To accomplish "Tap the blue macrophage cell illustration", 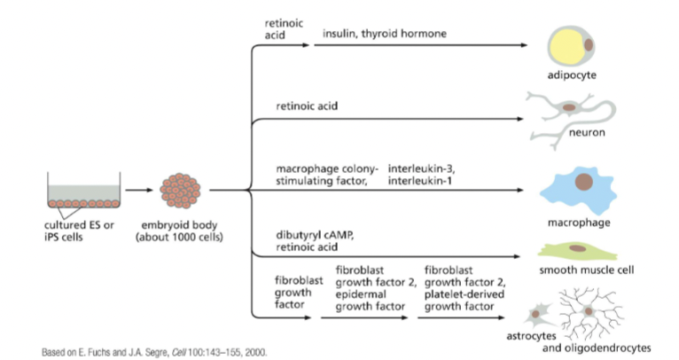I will point(581,190).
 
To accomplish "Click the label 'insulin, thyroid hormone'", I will point(384,35).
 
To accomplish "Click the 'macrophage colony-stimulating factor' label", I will point(327,175).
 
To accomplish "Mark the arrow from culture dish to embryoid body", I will point(138,190).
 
